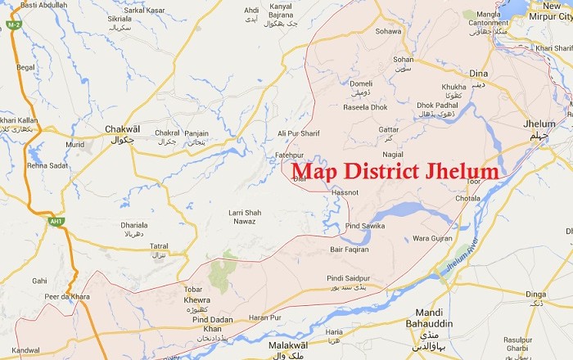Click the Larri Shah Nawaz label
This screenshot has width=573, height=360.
[244, 216]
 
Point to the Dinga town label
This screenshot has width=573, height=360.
[535, 295]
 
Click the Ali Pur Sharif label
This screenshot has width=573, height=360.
[299, 133]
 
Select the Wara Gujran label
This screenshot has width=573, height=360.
[431, 238]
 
